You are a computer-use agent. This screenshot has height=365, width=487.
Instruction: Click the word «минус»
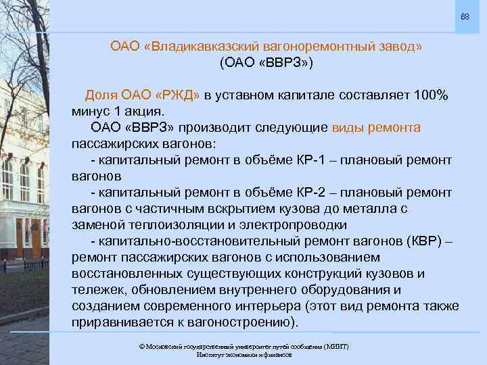[x=91, y=112]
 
